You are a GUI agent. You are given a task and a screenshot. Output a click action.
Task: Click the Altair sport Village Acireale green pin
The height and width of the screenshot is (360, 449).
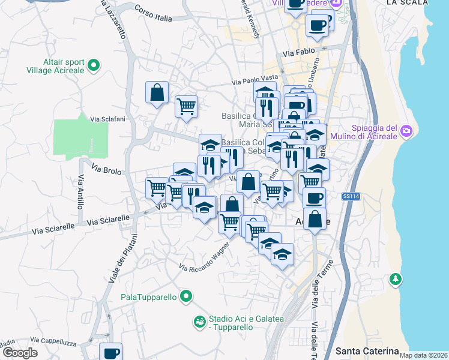[94, 65]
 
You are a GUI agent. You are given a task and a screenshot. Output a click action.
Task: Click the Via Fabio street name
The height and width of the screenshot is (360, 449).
[297, 53]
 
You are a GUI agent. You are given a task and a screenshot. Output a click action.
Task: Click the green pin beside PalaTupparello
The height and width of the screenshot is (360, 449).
[186, 296]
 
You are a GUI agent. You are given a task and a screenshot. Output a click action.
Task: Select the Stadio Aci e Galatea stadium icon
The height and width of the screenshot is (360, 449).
[199, 323]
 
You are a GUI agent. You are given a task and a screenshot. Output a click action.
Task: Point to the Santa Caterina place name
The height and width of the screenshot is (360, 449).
[367, 350]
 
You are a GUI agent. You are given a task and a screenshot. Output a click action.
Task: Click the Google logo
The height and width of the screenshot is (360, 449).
[20, 353]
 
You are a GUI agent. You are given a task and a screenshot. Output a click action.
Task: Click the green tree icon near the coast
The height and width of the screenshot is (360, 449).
[396, 279]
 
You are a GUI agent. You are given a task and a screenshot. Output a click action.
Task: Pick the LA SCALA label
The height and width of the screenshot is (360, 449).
[408, 2]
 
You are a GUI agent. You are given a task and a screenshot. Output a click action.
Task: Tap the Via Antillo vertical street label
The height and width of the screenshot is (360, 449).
[81, 192]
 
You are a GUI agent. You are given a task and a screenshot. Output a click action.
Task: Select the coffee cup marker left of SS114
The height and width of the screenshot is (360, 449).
[313, 198]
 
